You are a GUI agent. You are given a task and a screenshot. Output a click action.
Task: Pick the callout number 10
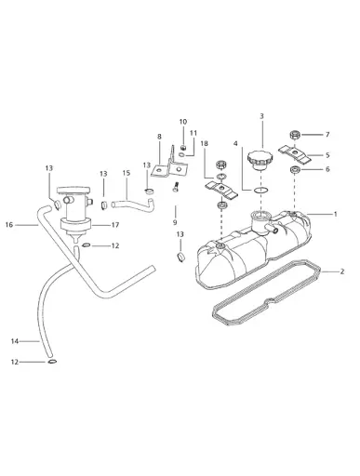coord(183,122)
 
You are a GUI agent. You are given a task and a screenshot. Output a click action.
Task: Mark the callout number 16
coord(8,224)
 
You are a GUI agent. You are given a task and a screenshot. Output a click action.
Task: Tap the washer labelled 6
coord(297,171)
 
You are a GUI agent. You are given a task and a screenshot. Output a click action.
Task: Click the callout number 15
coord(126,173)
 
